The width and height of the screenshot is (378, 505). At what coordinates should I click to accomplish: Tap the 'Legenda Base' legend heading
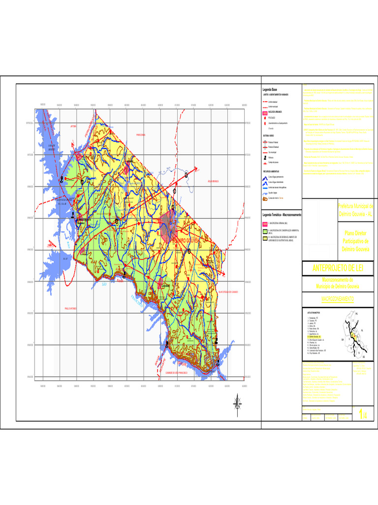point(269,89)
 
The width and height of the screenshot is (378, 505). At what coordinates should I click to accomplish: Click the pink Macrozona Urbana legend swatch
point(265,223)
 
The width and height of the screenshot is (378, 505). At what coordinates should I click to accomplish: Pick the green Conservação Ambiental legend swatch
point(265,231)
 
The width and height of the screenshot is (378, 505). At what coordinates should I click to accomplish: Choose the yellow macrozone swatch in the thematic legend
point(265,238)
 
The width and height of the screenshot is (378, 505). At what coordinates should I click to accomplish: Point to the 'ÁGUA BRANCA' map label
point(216,181)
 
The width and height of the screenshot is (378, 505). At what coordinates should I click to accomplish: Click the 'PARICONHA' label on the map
point(141,135)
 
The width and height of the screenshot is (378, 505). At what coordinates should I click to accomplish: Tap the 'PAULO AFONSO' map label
point(70,308)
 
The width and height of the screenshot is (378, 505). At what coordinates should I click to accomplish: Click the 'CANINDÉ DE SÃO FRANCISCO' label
point(181,372)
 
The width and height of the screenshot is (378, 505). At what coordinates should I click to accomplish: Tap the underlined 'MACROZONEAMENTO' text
point(338,299)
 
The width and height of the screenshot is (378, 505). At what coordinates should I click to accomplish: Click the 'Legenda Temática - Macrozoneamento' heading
point(282,215)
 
